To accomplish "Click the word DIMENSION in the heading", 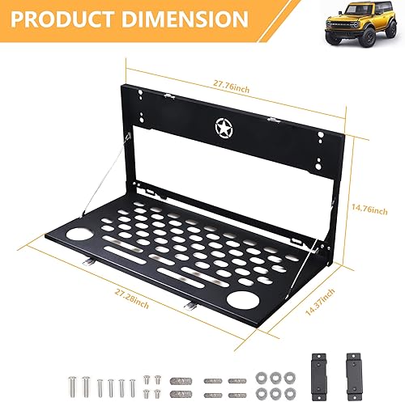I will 189,18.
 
